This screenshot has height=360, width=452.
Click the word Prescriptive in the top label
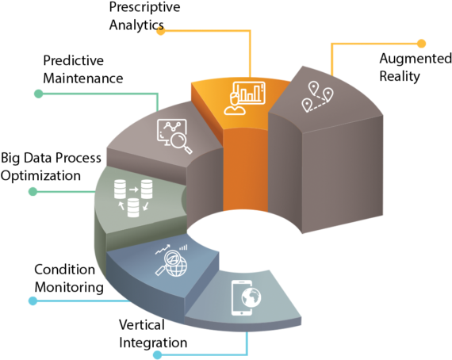(x=144, y=7)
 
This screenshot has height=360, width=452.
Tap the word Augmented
(x=416, y=59)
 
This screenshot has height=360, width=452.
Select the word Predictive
(x=73, y=60)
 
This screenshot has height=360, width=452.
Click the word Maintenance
(x=83, y=79)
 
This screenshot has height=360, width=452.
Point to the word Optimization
(x=40, y=176)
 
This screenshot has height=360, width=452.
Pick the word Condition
(x=64, y=270)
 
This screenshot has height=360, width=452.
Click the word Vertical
(x=142, y=325)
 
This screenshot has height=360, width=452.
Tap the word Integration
(x=153, y=343)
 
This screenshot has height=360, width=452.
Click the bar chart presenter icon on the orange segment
(x=244, y=98)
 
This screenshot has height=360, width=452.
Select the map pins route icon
(x=317, y=97)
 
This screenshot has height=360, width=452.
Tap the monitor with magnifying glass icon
(x=174, y=136)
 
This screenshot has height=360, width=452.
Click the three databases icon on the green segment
(x=133, y=198)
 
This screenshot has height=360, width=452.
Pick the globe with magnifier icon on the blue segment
(x=171, y=261)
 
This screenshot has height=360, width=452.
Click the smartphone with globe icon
(x=246, y=297)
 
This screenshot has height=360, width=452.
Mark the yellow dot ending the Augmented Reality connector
(x=421, y=44)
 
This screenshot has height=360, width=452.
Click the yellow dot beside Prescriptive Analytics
(x=161, y=31)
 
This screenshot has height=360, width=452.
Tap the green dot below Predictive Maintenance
(x=39, y=94)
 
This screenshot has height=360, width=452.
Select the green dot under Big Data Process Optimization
(x=33, y=191)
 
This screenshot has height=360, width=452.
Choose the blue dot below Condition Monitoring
(x=33, y=301)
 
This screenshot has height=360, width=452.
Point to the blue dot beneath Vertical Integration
(x=157, y=354)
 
